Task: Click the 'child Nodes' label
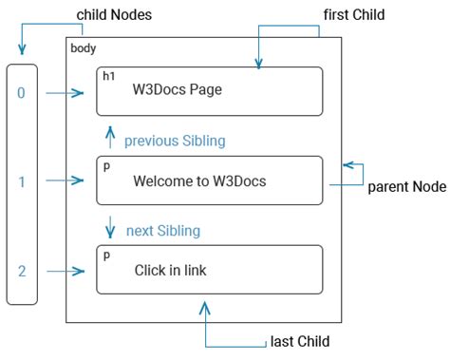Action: [113, 15]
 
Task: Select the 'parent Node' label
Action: [406, 186]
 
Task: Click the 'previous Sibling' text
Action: [175, 141]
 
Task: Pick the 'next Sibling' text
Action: [162, 230]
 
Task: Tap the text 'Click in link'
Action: [171, 271]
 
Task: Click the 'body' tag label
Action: [84, 47]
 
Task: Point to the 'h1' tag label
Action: [107, 75]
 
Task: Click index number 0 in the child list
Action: [21, 92]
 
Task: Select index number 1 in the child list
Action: [21, 180]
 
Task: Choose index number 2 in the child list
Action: [21, 271]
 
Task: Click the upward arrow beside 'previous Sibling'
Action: [110, 139]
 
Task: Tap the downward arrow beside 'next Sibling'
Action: [110, 228]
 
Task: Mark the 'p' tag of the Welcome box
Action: [105, 165]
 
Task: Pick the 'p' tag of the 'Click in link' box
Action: [105, 255]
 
